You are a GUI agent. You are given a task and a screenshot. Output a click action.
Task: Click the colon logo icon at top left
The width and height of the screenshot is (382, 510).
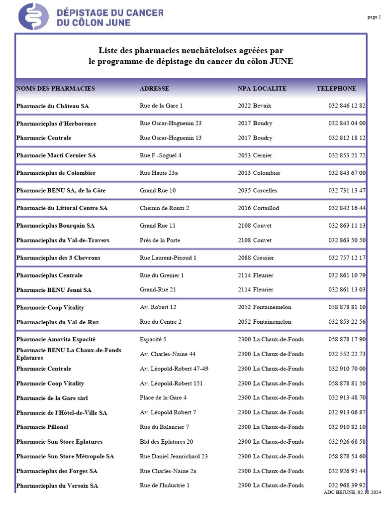coord(33,16)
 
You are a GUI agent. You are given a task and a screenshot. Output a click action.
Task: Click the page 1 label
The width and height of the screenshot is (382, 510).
coord(374,17)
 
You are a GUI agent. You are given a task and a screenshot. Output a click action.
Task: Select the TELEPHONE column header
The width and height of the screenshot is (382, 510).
coord(336,89)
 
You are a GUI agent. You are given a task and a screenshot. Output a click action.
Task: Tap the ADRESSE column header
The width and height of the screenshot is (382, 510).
coord(154,89)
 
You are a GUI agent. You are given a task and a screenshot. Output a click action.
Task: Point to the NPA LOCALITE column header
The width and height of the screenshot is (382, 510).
coord(262,89)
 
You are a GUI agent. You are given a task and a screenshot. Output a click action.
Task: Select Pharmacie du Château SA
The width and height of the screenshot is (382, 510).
coord(53,106)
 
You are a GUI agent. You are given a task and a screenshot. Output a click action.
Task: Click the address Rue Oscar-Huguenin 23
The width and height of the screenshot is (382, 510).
coord(171,123)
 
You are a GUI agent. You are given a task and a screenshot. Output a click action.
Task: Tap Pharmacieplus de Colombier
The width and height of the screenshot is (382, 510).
coord(56,173)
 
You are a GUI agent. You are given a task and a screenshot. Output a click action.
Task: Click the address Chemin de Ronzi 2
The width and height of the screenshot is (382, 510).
coord(165,208)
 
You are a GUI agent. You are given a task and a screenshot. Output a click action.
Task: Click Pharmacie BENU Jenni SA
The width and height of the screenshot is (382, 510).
coord(54,289)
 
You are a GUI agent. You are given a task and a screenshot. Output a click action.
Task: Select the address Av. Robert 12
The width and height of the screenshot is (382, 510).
coord(158,307)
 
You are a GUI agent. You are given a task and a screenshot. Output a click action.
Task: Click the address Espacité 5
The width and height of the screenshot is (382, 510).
coord(153,339)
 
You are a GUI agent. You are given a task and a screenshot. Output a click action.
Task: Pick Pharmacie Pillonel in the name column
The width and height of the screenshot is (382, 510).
coord(42,427)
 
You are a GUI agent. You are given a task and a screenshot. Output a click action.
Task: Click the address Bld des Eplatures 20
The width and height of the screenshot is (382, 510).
coord(167,442)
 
